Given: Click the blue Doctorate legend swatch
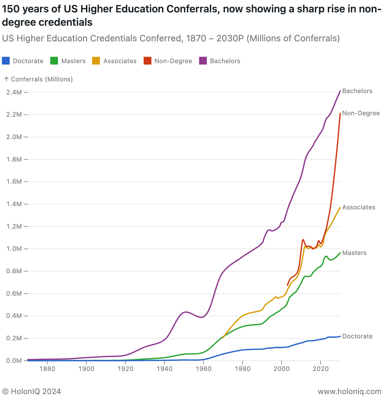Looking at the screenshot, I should (6, 61).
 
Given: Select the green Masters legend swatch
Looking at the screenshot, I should (54, 61).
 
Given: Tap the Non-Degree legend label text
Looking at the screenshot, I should (173, 61).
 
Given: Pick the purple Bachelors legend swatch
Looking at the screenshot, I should (203, 61).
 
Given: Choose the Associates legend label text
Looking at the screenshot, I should (120, 61).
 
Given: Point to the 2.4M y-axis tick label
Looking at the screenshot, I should (14, 92).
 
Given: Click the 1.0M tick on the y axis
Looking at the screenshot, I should (14, 249).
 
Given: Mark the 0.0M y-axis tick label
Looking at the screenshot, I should (14, 361).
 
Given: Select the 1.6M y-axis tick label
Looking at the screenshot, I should (14, 182).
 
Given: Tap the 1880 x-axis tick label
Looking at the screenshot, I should (47, 369).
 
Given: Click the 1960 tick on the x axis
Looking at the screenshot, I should (203, 369).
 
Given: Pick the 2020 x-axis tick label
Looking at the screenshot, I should (321, 369).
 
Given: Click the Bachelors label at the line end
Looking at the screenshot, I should (357, 91).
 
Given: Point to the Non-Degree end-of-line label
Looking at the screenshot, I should (361, 113).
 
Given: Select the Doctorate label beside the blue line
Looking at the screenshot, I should (357, 336).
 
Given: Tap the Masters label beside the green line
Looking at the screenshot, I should (354, 253).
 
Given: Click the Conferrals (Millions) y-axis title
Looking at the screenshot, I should (42, 79).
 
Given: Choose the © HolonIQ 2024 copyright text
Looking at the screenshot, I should (32, 391).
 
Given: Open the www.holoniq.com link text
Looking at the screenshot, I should (350, 391).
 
